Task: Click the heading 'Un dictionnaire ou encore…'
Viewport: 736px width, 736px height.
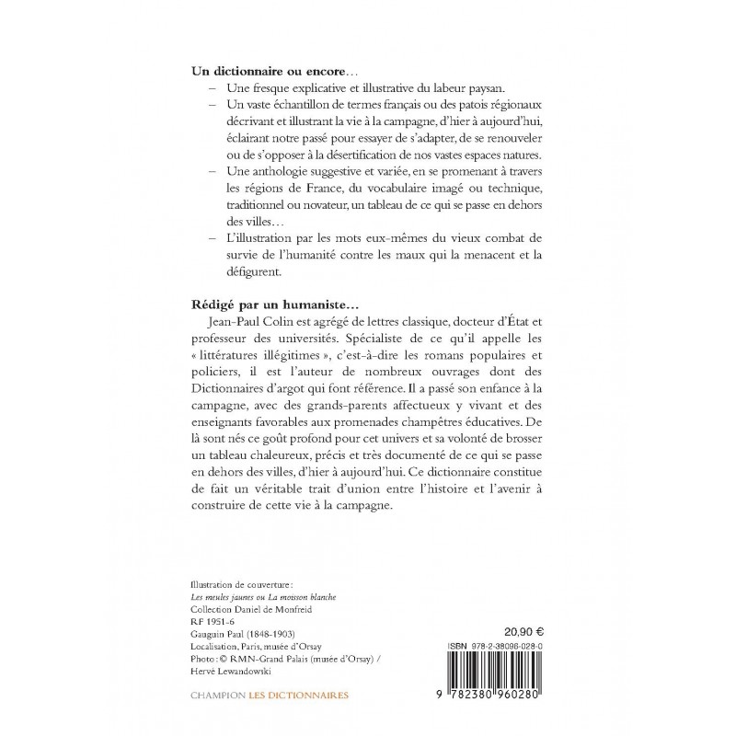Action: (x=260, y=71)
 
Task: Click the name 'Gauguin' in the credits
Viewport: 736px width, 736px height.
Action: (x=208, y=634)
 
